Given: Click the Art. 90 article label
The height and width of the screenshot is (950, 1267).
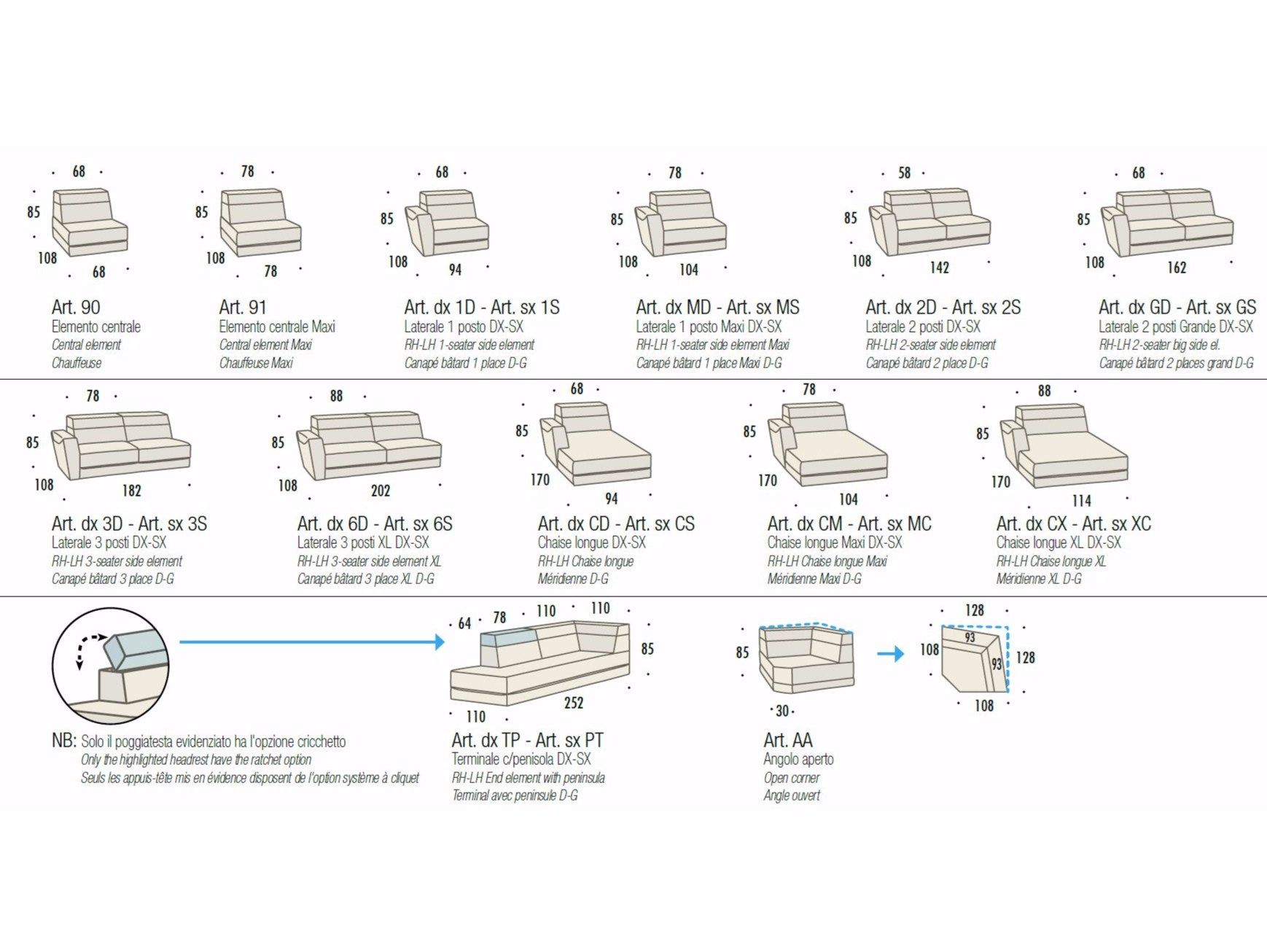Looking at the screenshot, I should click(76, 307).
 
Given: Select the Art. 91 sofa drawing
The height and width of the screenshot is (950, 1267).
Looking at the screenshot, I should click(260, 222).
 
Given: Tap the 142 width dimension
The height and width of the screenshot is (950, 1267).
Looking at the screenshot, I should click(939, 268).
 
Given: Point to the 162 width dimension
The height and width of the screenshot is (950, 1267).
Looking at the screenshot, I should click(1177, 268).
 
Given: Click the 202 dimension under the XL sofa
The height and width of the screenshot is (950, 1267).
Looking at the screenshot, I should click(381, 491).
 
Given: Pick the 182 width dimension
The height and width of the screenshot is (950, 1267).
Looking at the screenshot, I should click(131, 491).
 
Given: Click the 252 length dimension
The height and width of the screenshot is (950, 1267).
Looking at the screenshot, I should click(574, 702).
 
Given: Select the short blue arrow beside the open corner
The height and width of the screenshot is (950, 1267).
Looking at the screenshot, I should click(889, 653).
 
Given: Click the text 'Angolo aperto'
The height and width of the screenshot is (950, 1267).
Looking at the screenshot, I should click(798, 759).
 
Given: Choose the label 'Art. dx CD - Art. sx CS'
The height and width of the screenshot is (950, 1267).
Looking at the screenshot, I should click(616, 523).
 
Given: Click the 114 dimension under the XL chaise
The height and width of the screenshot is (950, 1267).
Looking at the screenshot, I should click(1081, 501).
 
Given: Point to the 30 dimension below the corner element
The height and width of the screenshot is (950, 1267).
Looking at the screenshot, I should click(782, 711).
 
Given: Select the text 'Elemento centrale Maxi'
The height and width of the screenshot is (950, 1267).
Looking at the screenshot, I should click(277, 327).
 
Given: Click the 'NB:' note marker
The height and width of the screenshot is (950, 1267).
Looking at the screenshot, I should click(63, 740).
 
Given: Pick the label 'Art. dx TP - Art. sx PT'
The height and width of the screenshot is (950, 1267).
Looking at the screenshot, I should click(527, 740).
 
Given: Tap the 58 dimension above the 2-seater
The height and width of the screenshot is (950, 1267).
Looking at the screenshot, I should click(904, 173).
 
